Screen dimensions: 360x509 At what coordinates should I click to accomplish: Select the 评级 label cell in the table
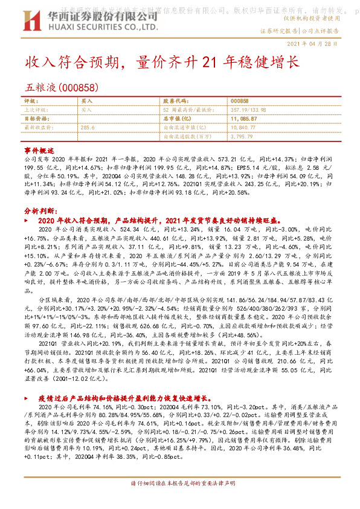(30, 101)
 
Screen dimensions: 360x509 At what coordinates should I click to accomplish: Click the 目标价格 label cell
(35, 119)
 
